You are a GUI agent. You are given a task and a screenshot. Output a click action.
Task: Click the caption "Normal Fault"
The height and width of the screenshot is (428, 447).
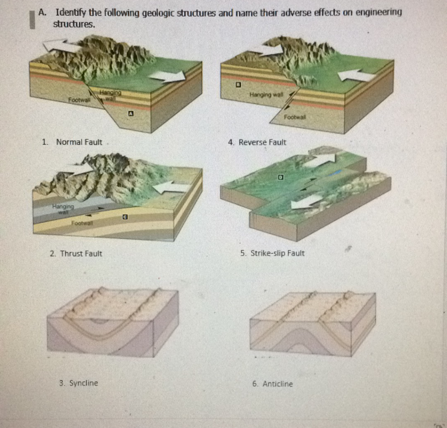[79, 142]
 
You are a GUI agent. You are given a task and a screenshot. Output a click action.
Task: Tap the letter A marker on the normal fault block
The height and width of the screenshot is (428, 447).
[130, 114]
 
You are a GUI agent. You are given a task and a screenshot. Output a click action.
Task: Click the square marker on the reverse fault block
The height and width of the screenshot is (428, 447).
[238, 84]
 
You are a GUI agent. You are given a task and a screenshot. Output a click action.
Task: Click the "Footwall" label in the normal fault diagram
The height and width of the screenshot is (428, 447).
[79, 99]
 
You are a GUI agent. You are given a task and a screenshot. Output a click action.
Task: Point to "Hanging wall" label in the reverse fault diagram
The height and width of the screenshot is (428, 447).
[266, 94]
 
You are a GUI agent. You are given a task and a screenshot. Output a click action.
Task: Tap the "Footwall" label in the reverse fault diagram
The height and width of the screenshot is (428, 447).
[295, 117]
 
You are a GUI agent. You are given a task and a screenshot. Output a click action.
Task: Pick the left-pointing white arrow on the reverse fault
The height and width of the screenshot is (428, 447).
[356, 75]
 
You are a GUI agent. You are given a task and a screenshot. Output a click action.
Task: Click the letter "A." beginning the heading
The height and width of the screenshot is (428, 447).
[42, 13]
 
